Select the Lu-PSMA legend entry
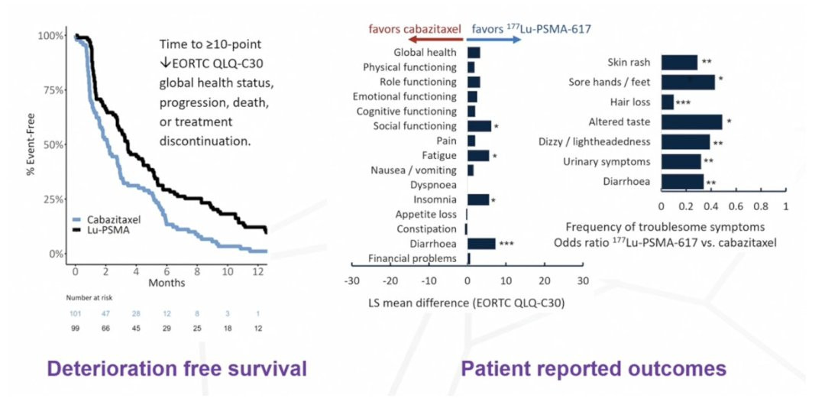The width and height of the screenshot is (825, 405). tap(107, 229)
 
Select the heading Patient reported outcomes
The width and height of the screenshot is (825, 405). tap(594, 369)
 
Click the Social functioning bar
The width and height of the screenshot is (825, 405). tap(479, 125)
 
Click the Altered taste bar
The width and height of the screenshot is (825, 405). tap(691, 122)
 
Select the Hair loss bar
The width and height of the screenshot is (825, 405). tap(668, 102)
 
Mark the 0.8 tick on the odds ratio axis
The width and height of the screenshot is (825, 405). tap(761, 206)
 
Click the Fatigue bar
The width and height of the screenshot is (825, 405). tap(478, 155)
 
